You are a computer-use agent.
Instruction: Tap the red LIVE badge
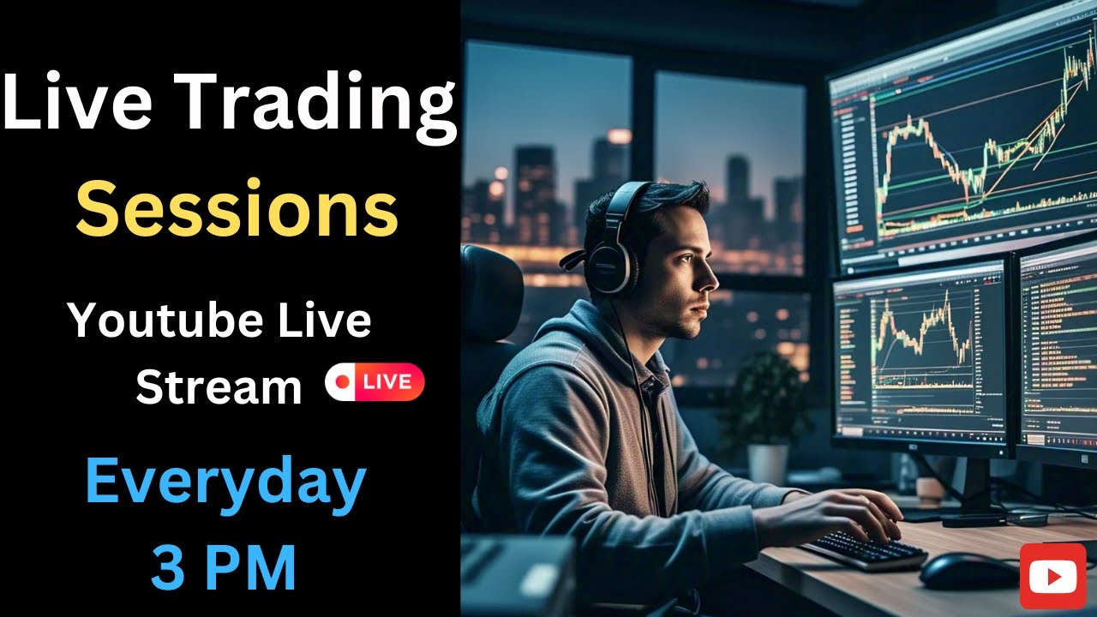coord(375,382)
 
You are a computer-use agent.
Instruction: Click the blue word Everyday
coord(225,482)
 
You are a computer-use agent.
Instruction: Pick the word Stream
coord(219,387)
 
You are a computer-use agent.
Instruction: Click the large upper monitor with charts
coord(964,146)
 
